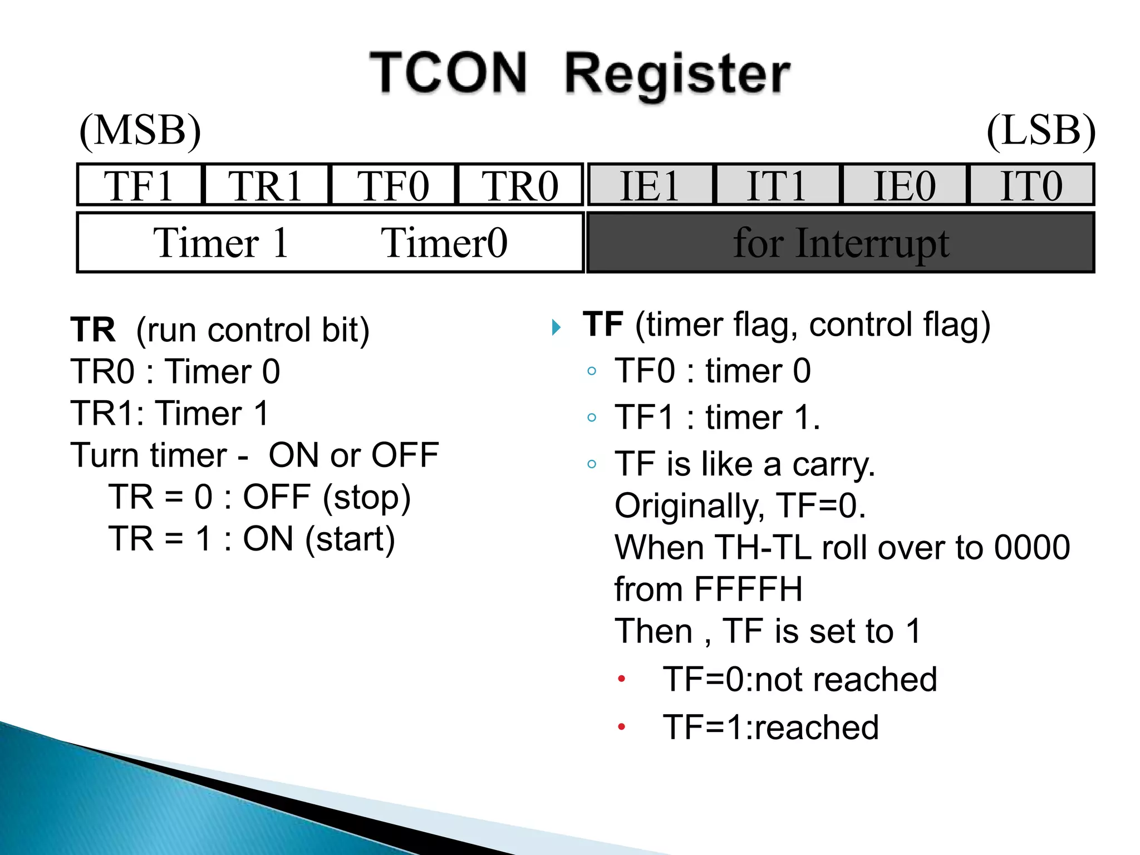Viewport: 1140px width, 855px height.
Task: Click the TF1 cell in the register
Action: point(139,185)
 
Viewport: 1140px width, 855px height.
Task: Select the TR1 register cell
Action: point(266,185)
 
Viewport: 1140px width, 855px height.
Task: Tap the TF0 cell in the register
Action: point(393,185)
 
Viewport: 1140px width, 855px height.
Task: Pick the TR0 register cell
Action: point(520,185)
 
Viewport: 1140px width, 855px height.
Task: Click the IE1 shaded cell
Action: point(650,185)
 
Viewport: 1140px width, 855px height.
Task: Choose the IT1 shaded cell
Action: point(777,185)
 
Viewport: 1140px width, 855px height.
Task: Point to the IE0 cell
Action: point(904,185)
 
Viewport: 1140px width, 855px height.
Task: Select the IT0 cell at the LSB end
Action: point(1031,185)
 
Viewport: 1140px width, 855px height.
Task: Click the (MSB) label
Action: point(140,131)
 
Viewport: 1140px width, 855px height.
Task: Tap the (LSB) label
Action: point(1040,131)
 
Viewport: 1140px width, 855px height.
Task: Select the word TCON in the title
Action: point(448,72)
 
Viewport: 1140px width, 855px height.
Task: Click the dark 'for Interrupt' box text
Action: point(841,243)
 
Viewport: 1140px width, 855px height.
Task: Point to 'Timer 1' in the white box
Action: point(221,243)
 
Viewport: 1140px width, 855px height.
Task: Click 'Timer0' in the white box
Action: point(444,243)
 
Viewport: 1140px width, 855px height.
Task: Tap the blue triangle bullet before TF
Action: point(556,327)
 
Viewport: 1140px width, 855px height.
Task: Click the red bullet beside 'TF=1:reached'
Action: point(622,726)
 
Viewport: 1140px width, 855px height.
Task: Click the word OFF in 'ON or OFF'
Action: point(405,455)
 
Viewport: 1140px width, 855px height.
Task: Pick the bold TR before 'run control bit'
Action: point(93,330)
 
